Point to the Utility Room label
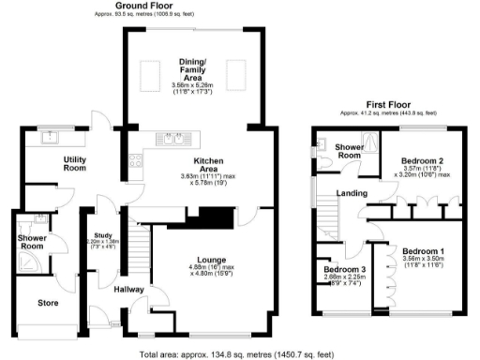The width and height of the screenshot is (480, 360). pos(74,164)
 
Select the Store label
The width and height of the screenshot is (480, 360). pos(47,303)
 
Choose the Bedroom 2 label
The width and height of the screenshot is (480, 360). pos(419,159)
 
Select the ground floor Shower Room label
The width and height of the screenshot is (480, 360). pos(34,242)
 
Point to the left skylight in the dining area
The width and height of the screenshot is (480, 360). pos(149,72)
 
